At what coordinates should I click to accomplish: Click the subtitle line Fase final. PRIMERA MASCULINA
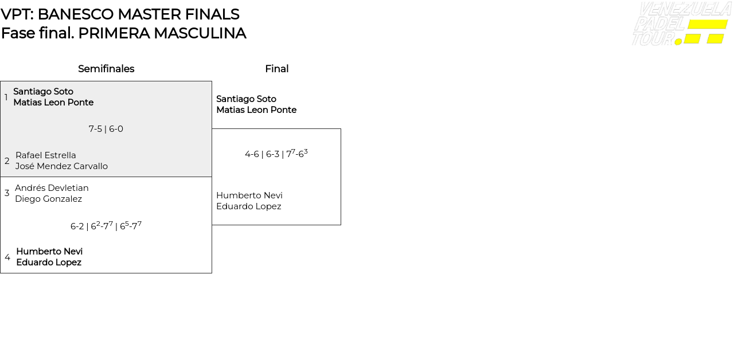coord(123,33)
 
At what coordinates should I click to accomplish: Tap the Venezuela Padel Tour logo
coord(681,24)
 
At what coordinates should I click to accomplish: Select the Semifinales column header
coord(106,69)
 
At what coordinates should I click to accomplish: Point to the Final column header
coord(276,69)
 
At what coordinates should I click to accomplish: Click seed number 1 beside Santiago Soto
coord(6,97)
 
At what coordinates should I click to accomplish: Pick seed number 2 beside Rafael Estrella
coord(7,161)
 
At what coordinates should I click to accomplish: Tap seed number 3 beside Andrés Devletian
coord(7,193)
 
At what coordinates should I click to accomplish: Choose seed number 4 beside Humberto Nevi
coord(7,257)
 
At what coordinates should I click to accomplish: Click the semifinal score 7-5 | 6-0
coord(106,129)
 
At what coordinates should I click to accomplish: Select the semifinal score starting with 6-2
coord(106,226)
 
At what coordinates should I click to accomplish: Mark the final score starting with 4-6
coord(276,154)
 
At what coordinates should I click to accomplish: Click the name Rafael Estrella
coord(46,155)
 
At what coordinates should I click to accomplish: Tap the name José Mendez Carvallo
coord(61,166)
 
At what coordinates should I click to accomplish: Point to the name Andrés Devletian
coord(52,188)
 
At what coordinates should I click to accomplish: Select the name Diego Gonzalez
coord(48,199)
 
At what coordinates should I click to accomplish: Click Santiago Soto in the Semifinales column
coord(43,92)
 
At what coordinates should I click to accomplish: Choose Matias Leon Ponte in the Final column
coord(256,110)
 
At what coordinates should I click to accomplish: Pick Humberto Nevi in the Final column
coord(249,195)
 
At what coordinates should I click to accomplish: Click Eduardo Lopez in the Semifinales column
coord(49,263)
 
